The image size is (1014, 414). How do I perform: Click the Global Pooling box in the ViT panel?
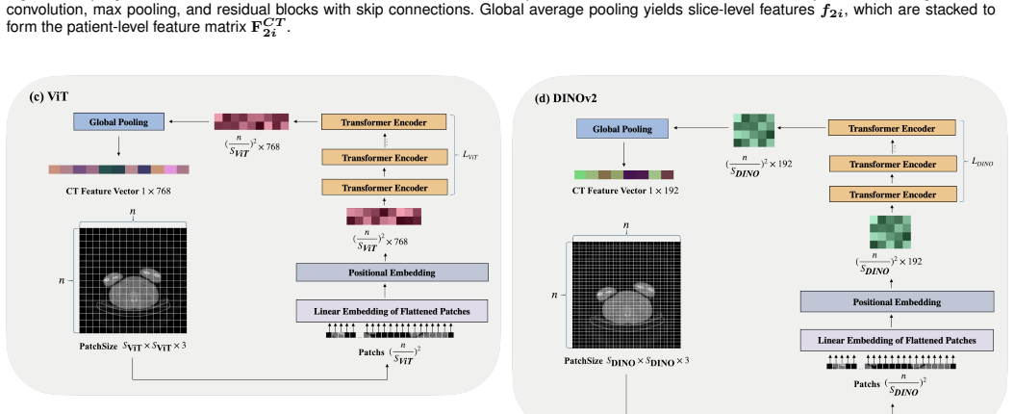click(x=118, y=121)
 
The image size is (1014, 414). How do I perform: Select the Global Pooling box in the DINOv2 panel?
click(x=622, y=129)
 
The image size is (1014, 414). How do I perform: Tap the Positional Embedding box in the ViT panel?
click(x=392, y=272)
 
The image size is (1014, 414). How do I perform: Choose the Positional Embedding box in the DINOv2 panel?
click(x=897, y=301)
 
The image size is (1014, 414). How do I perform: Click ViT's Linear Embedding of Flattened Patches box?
click(x=392, y=311)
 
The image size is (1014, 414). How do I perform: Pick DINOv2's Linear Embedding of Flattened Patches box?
click(x=897, y=340)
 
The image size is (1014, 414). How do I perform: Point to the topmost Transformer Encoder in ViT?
click(x=384, y=122)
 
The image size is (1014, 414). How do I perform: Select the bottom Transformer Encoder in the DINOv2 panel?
click(x=892, y=194)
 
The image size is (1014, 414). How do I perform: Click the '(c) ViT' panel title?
click(x=48, y=96)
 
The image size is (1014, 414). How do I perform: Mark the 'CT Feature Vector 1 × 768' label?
click(x=118, y=191)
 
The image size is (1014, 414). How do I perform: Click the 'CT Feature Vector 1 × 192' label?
click(x=625, y=191)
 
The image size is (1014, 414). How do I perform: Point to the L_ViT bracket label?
click(x=470, y=155)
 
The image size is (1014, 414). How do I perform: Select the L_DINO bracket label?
click(x=982, y=162)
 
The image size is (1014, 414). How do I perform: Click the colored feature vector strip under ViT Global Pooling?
click(x=119, y=169)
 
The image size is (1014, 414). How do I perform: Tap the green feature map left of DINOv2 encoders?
click(x=753, y=131)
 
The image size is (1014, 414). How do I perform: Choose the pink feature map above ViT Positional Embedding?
click(x=384, y=216)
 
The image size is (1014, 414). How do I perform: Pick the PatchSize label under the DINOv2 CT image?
click(x=626, y=361)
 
